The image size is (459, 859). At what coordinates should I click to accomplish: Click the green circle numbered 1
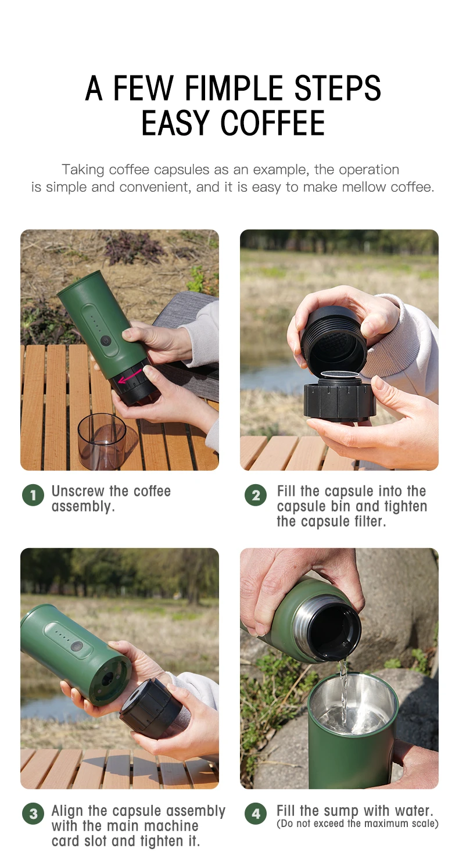click(33, 495)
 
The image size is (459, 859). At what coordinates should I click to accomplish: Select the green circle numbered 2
click(256, 495)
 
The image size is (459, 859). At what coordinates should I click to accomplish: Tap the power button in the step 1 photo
click(105, 340)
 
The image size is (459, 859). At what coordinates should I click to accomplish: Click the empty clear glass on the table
click(102, 441)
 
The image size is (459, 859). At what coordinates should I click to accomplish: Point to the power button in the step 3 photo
click(77, 646)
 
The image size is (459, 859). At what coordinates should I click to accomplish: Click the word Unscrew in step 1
click(78, 491)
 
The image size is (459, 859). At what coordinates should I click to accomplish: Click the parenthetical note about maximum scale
click(357, 824)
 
